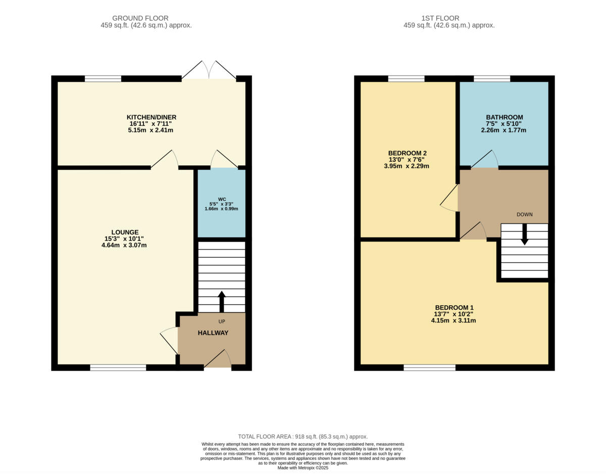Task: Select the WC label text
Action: [221, 199]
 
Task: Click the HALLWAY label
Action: [213, 333]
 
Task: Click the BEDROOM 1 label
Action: [454, 307]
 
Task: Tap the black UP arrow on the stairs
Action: [221, 301]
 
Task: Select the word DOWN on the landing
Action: [524, 214]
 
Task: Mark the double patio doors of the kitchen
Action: [209, 71]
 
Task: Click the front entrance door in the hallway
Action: [218, 360]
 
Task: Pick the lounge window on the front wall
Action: [118, 367]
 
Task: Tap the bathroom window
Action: [491, 78]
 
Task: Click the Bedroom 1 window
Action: [429, 367]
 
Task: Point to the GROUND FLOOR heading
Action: [140, 18]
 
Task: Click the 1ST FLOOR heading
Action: [449, 18]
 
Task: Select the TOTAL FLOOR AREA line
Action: [303, 437]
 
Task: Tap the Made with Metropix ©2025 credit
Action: [303, 468]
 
